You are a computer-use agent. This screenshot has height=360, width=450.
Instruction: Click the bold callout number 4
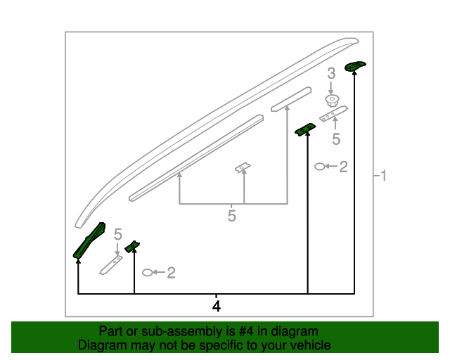pyautogui.click(x=217, y=307)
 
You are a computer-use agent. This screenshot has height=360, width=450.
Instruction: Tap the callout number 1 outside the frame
pyautogui.click(x=383, y=175)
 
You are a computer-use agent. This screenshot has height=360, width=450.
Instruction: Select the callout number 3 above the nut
pyautogui.click(x=331, y=73)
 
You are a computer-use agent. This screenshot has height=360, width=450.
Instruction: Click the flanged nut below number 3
pyautogui.click(x=332, y=101)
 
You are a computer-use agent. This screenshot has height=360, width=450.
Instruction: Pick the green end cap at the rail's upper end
pyautogui.click(x=354, y=66)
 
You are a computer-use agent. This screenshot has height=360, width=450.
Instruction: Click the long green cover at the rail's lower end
pyautogui.click(x=89, y=240)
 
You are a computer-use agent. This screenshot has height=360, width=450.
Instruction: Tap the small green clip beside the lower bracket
pyautogui.click(x=132, y=247)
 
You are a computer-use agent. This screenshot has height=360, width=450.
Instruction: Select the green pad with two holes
pyautogui.click(x=305, y=129)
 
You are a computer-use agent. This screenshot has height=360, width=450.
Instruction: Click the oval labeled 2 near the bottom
pyautogui.click(x=148, y=272)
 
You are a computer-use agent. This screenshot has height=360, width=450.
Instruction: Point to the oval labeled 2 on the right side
pyautogui.click(x=320, y=167)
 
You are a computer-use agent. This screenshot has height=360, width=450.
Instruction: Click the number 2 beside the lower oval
pyautogui.click(x=171, y=272)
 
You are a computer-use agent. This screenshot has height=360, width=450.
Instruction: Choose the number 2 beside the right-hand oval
pyautogui.click(x=344, y=167)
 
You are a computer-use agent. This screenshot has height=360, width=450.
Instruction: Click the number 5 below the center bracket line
pyautogui.click(x=231, y=216)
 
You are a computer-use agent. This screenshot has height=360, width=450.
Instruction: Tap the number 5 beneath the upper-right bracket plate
pyautogui.click(x=336, y=139)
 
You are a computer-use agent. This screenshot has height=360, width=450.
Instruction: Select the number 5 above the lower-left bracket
pyautogui.click(x=118, y=234)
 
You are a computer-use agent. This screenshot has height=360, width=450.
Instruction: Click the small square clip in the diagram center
pyautogui.click(x=243, y=167)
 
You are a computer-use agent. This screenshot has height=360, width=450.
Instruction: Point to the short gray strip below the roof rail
pyautogui.click(x=291, y=99)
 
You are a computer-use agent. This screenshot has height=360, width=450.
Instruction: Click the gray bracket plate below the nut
pyautogui.click(x=333, y=114)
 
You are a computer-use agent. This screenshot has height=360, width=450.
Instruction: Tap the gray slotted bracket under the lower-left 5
pyautogui.click(x=111, y=265)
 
